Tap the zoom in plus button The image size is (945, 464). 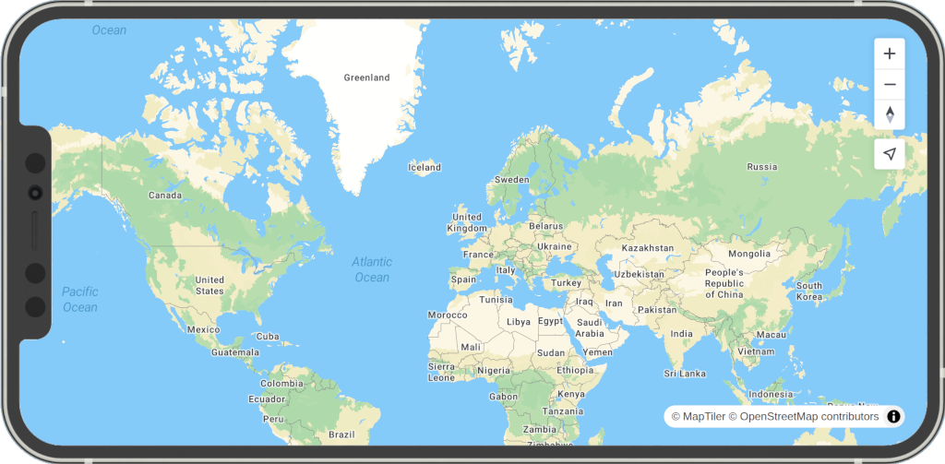point(890,54)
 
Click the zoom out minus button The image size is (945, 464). point(890,84)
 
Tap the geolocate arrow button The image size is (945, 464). point(890,154)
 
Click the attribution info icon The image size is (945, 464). point(893,417)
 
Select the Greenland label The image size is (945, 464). point(366,78)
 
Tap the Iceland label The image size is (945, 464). point(425,168)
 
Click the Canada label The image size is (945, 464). point(165,196)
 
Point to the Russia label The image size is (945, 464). point(762,167)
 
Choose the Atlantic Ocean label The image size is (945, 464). point(372,269)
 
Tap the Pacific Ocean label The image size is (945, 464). point(80,299)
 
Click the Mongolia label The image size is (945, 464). point(749,254)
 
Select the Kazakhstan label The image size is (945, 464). point(648,248)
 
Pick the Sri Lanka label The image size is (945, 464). point(685,374)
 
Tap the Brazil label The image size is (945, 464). point(341,434)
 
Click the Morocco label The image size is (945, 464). point(448,315)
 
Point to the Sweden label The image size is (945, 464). point(511,180)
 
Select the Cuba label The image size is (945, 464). point(268,337)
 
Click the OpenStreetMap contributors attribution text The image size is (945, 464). point(809,417)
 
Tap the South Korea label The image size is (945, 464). point(809,291)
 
